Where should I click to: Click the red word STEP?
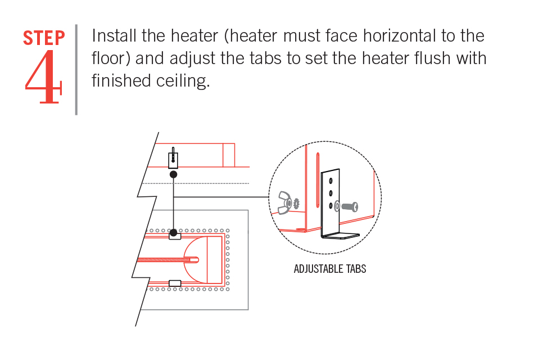click(44, 38)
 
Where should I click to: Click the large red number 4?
click(43, 78)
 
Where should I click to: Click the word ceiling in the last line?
click(183, 81)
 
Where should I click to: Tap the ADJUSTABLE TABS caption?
click(329, 269)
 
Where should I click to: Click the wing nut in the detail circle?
click(284, 203)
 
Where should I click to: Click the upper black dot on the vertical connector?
click(174, 174)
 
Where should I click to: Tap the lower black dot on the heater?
click(174, 232)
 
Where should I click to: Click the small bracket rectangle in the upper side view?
click(173, 160)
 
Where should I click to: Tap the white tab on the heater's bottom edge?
click(174, 283)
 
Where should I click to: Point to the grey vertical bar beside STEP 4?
click(76, 69)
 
